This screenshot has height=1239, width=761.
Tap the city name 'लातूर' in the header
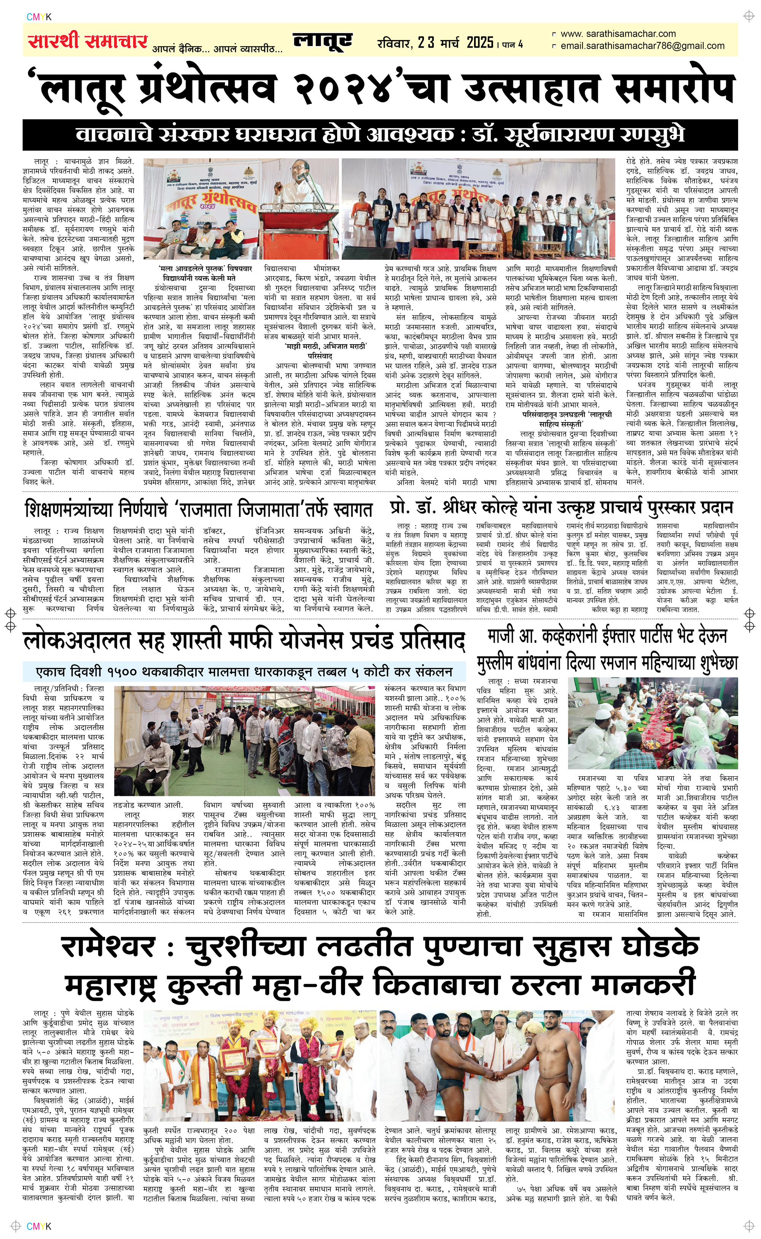point(323,41)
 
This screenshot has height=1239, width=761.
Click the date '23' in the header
point(426,43)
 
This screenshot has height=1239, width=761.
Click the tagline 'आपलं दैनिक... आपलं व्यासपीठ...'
point(217,49)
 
